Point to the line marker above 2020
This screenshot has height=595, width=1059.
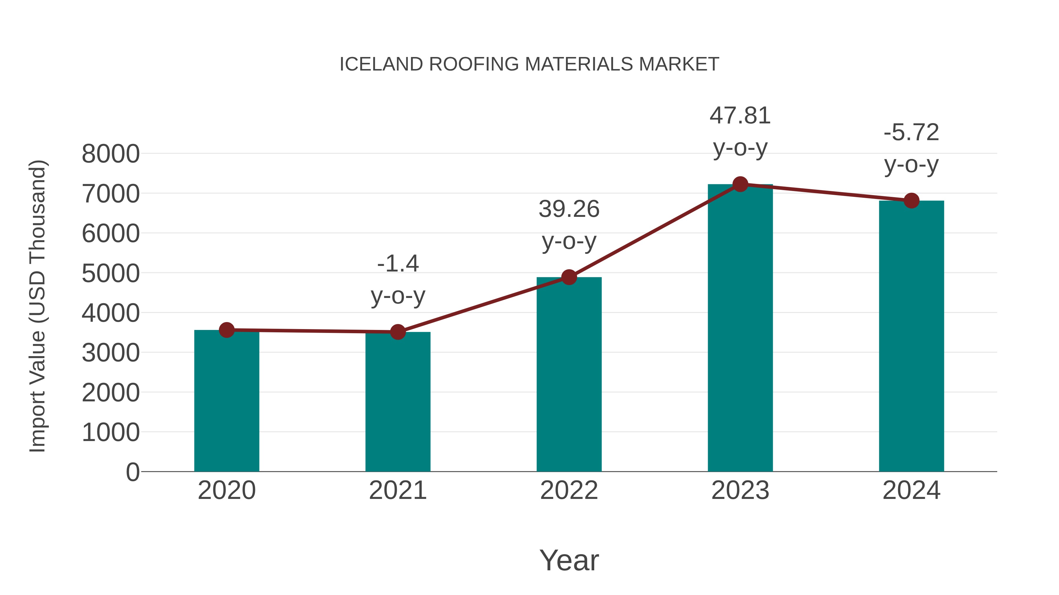click(227, 330)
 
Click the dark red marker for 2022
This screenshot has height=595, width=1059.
click(569, 278)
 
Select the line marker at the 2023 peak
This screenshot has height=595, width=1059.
click(740, 184)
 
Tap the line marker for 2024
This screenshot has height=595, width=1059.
click(911, 201)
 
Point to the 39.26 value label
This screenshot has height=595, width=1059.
click(569, 225)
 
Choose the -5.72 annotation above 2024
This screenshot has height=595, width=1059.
click(911, 148)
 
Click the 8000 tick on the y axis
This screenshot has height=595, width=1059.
click(111, 154)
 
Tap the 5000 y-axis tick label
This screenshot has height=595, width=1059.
click(111, 274)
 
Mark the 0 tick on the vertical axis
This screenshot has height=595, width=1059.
click(133, 472)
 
